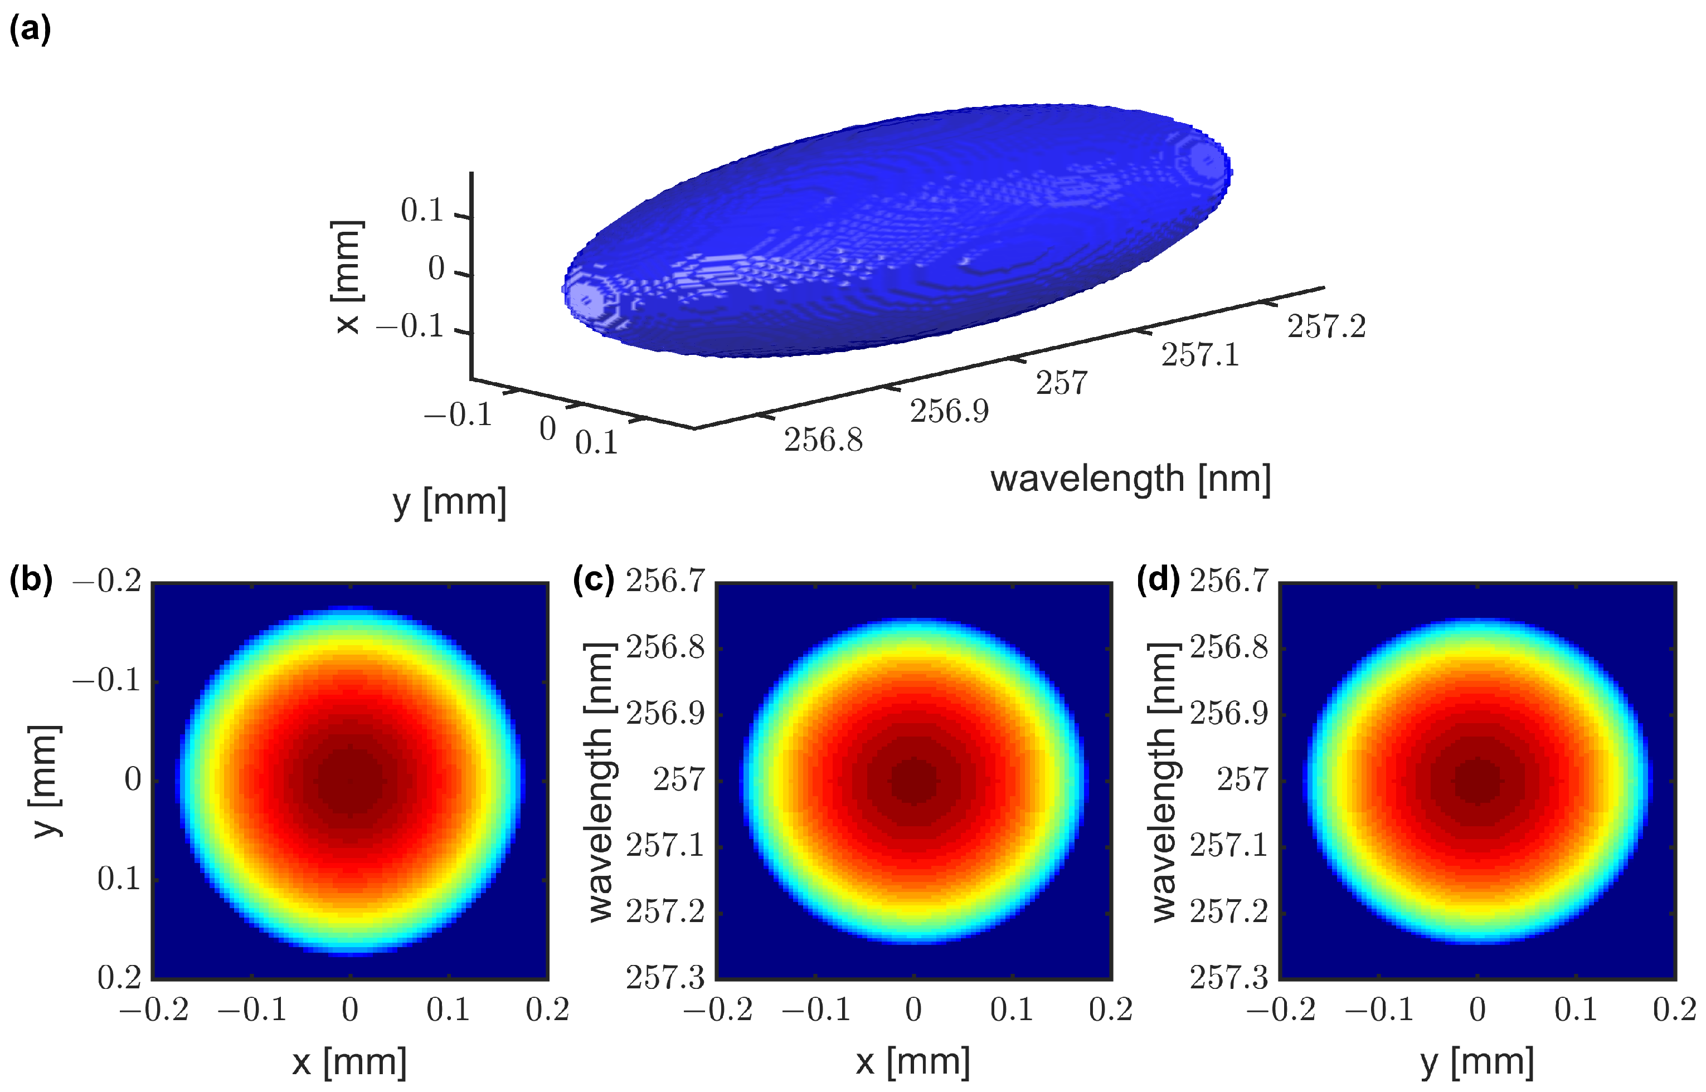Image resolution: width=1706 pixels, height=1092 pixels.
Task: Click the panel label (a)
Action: (30, 30)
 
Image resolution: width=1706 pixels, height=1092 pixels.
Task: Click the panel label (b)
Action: (31, 579)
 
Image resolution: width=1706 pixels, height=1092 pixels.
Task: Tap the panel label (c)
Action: (594, 579)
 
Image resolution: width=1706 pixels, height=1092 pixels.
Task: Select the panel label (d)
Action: (1158, 579)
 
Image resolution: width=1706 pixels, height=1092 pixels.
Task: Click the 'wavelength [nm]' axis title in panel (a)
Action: (1130, 479)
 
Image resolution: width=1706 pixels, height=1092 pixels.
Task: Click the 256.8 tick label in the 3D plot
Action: (823, 440)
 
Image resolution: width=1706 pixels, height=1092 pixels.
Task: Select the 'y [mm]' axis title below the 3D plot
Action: (450, 502)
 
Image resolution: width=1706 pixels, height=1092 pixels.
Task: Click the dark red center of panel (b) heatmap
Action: (349, 781)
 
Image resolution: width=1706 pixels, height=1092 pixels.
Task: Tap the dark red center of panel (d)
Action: (1477, 781)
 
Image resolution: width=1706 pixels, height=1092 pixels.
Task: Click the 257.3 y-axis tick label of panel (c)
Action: (665, 978)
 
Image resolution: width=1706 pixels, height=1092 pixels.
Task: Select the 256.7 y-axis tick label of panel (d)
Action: (1228, 581)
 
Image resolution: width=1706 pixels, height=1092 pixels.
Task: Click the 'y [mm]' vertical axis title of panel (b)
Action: (45, 781)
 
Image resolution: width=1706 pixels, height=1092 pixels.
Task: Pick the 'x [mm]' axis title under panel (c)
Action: (913, 1061)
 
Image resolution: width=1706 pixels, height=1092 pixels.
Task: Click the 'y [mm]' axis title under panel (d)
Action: (1477, 1061)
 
